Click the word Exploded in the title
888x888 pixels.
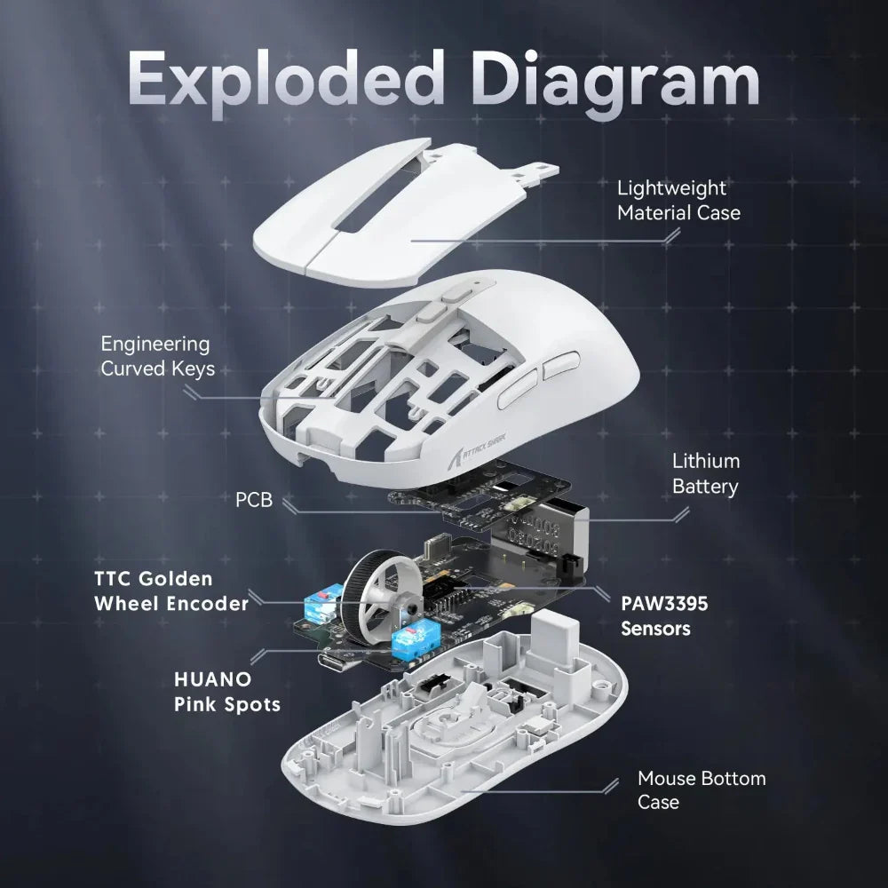286,81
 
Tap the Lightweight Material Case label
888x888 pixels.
678,201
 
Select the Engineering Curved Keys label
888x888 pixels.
157,355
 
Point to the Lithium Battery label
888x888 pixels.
705,473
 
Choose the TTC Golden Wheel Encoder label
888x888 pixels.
171,591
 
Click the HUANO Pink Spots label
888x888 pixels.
226,692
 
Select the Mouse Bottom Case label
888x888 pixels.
701,790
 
